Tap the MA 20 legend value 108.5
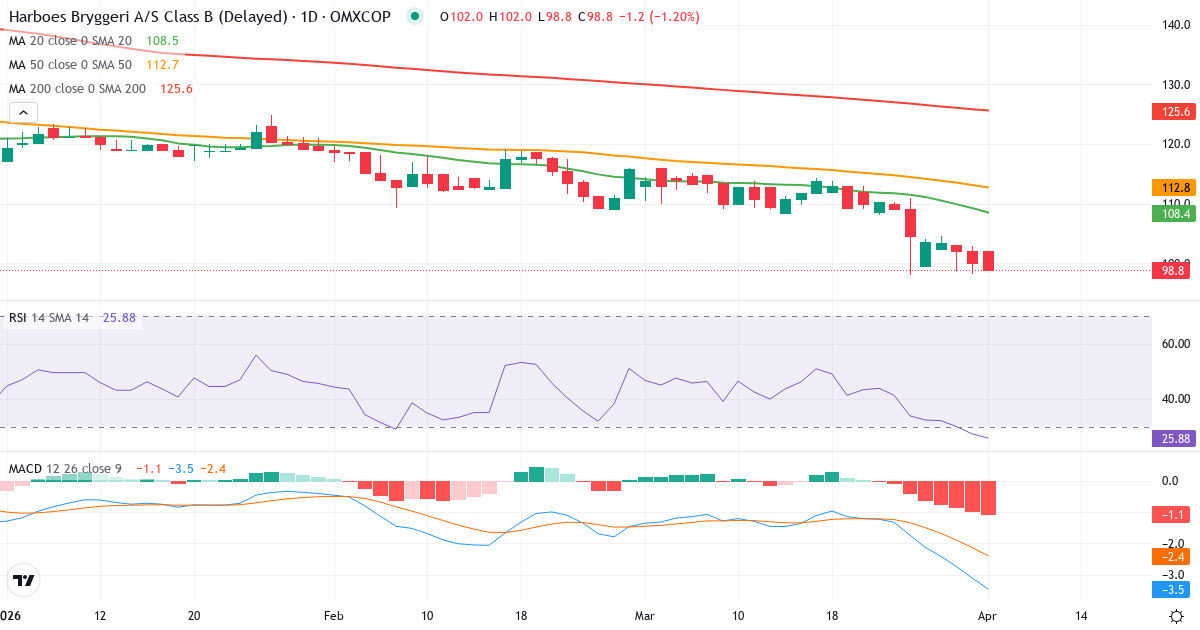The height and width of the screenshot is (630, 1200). click(x=162, y=41)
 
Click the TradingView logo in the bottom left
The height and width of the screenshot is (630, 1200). click(x=24, y=580)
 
